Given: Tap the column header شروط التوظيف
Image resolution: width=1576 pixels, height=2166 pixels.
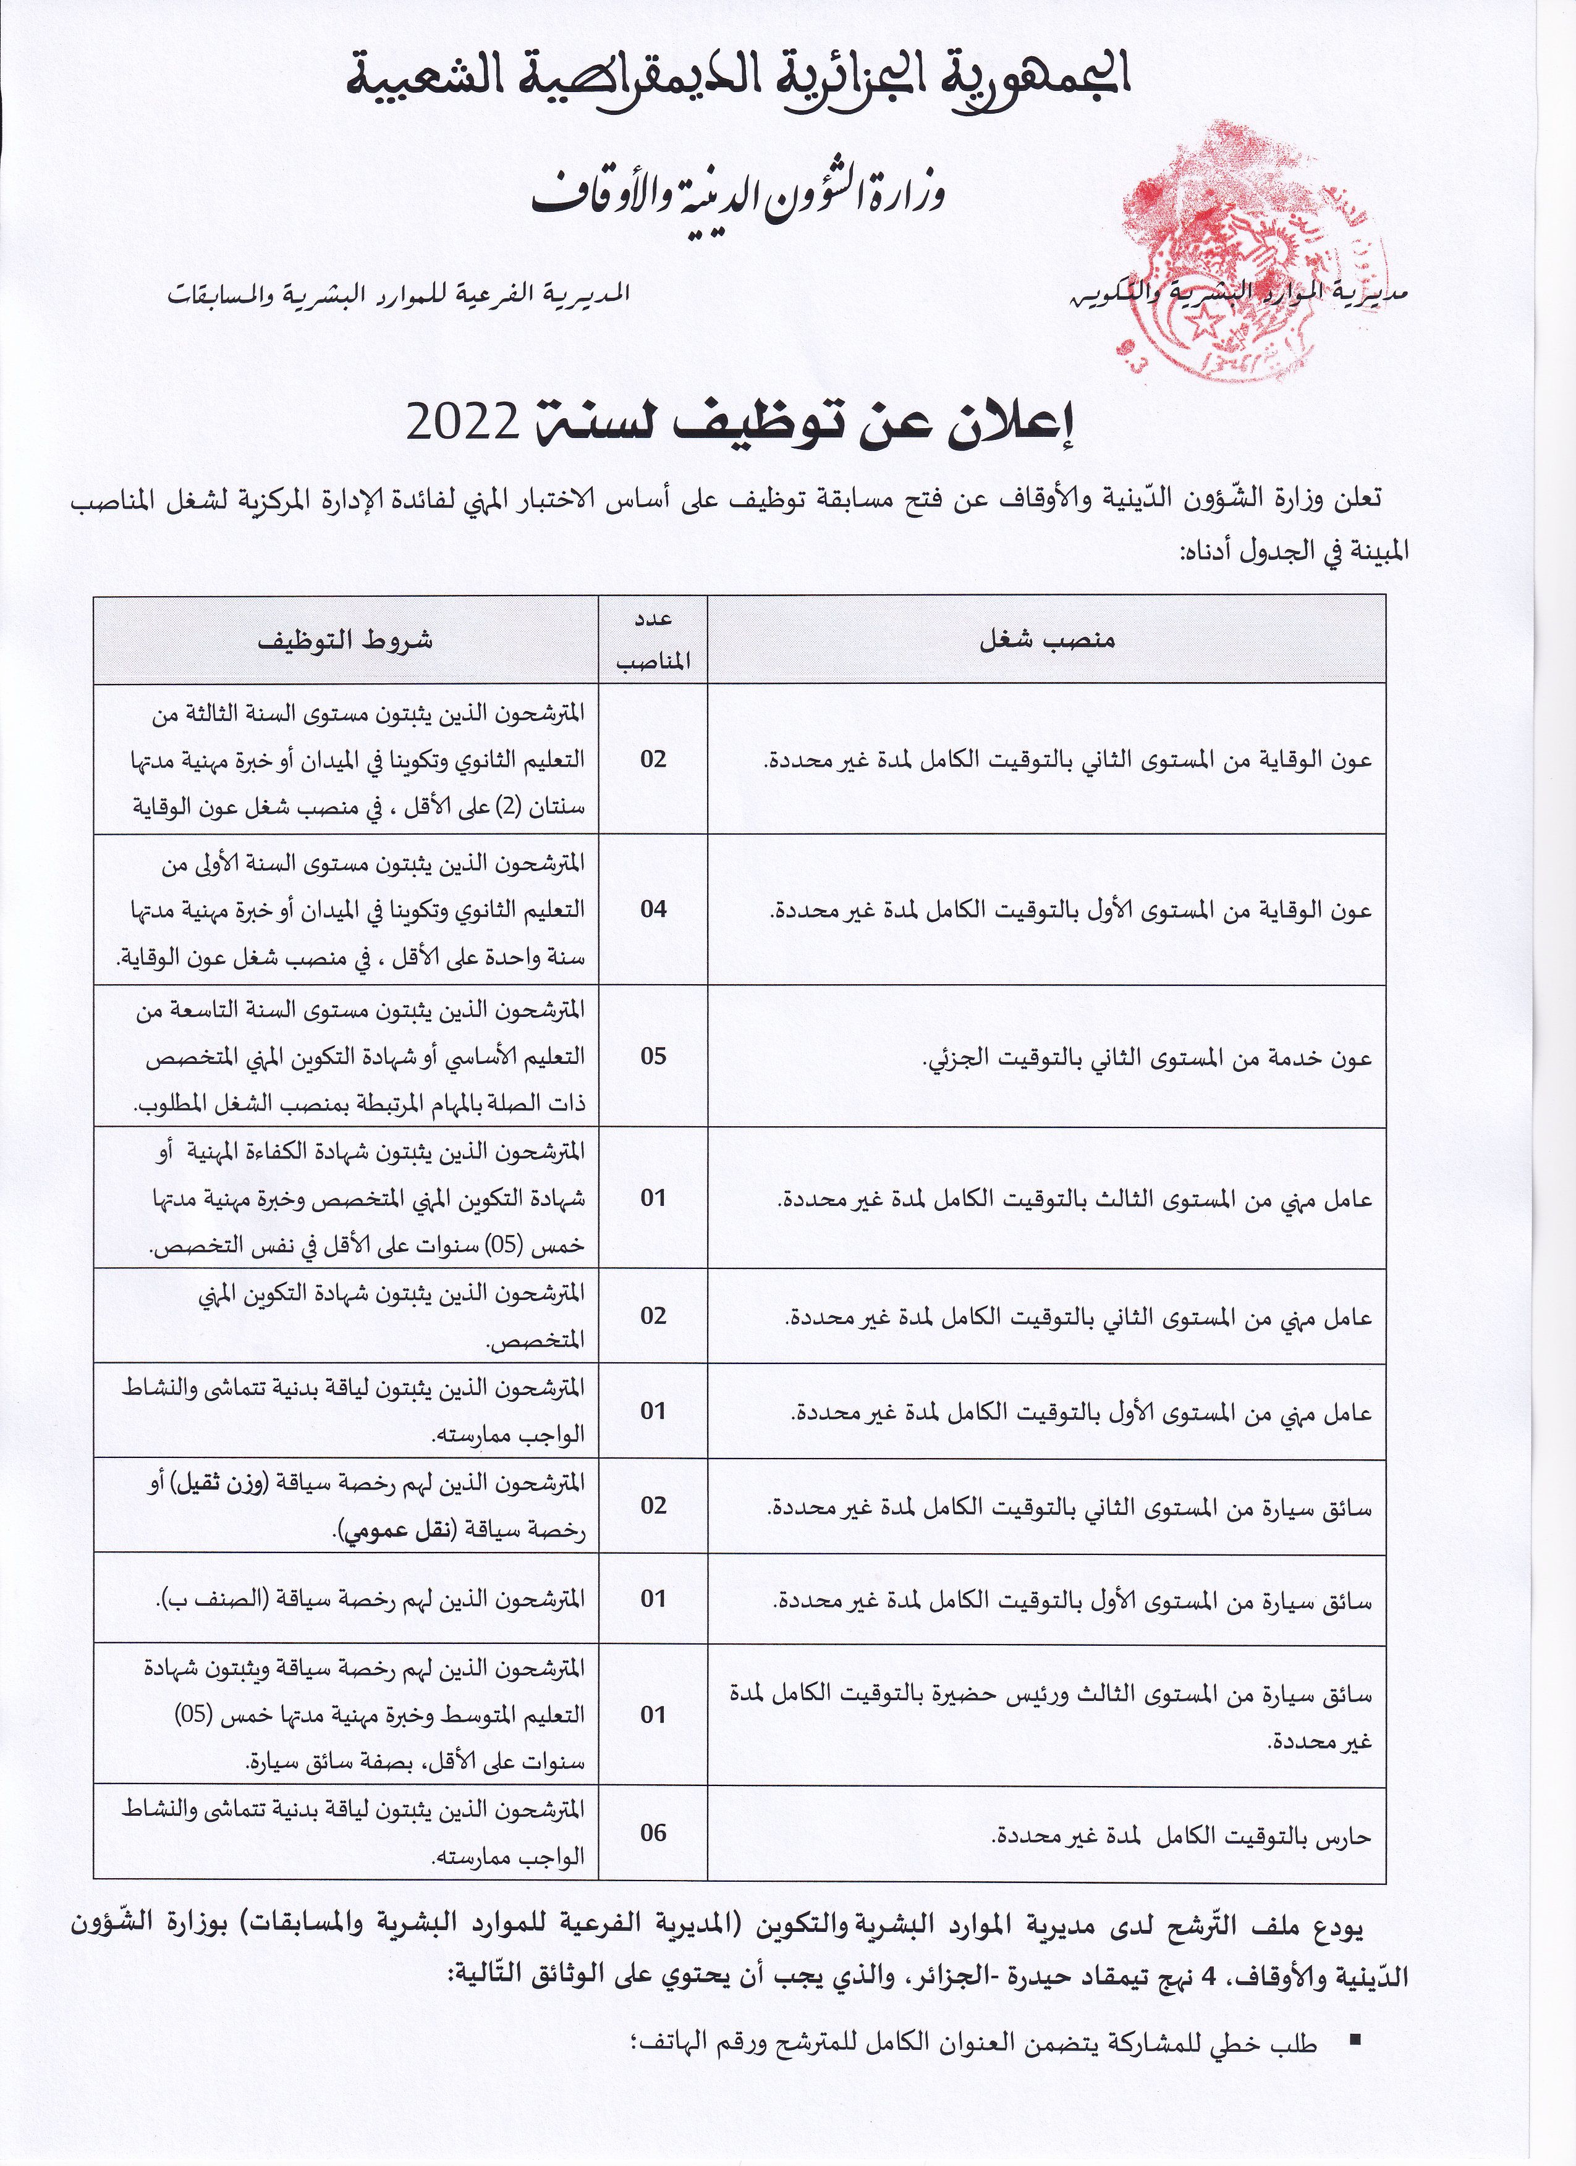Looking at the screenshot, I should (345, 639).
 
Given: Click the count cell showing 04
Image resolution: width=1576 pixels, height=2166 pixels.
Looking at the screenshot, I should (653, 908).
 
